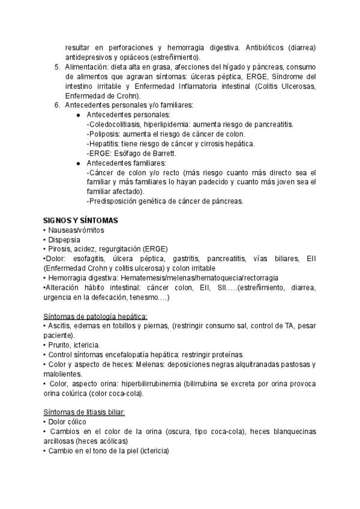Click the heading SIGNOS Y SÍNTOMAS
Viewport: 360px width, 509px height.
80,220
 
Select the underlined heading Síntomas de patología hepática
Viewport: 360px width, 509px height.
95,316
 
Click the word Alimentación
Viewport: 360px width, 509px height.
85,67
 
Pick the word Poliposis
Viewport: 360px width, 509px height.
106,134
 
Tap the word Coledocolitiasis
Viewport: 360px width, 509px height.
118,124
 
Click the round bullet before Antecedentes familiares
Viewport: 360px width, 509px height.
79,163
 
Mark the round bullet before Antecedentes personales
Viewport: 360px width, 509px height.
79,115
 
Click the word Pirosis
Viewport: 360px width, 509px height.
58,249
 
